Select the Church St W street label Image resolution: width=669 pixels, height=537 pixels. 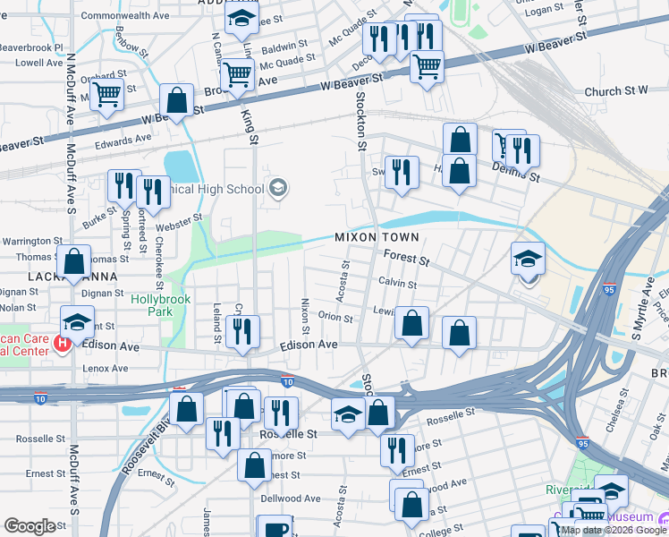click(615, 91)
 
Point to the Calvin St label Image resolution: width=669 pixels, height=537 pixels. click(397, 284)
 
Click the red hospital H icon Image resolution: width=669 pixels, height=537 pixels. click(62, 343)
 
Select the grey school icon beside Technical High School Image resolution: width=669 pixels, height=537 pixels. click(278, 187)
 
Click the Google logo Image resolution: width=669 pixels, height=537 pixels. click(30, 526)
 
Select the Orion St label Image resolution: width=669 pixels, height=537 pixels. click(335, 316)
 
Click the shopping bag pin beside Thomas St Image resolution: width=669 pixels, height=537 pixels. click(74, 261)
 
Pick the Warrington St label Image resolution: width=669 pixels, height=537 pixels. click(32, 242)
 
